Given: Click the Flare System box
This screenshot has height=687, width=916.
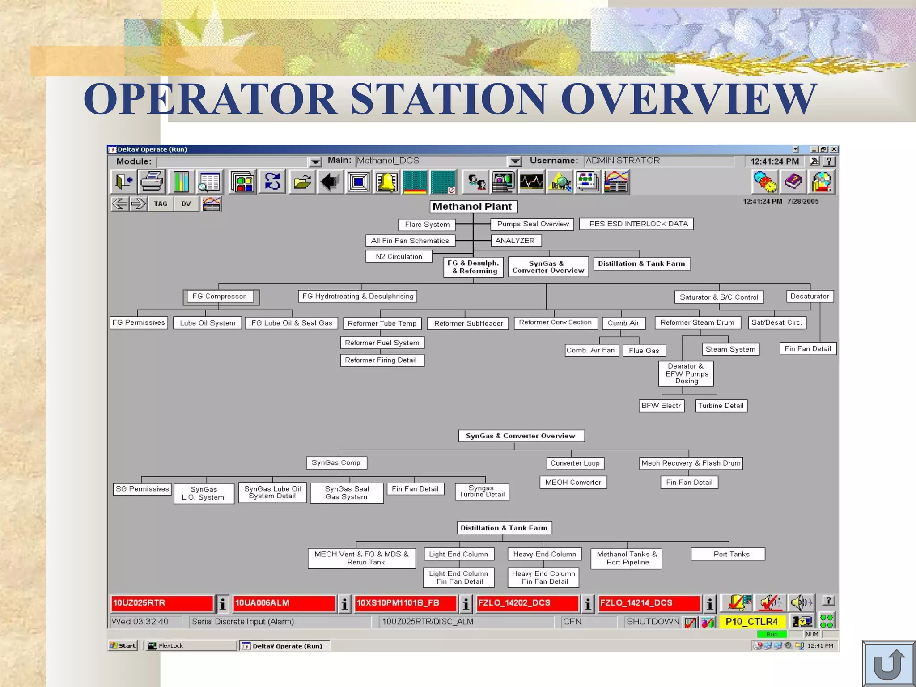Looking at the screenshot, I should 427,225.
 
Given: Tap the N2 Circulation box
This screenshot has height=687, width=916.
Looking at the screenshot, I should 399,257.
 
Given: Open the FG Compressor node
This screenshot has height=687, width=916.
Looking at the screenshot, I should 219,297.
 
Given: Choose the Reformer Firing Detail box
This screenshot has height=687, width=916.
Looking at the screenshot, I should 382,360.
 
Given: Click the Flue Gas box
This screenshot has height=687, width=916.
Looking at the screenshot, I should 644,351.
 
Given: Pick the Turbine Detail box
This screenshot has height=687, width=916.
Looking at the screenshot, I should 721,406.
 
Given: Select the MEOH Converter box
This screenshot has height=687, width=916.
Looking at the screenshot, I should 573,483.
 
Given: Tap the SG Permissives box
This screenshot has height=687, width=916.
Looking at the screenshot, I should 142,489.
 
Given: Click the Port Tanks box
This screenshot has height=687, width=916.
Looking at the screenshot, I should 728,555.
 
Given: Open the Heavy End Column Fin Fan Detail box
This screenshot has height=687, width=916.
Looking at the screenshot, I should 543,578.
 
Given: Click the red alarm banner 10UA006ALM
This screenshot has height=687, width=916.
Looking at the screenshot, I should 284,603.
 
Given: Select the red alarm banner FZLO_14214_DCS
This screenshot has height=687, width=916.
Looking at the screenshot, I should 649,603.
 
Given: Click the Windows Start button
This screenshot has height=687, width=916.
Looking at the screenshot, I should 123,646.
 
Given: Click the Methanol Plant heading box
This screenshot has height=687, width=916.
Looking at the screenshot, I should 473,207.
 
